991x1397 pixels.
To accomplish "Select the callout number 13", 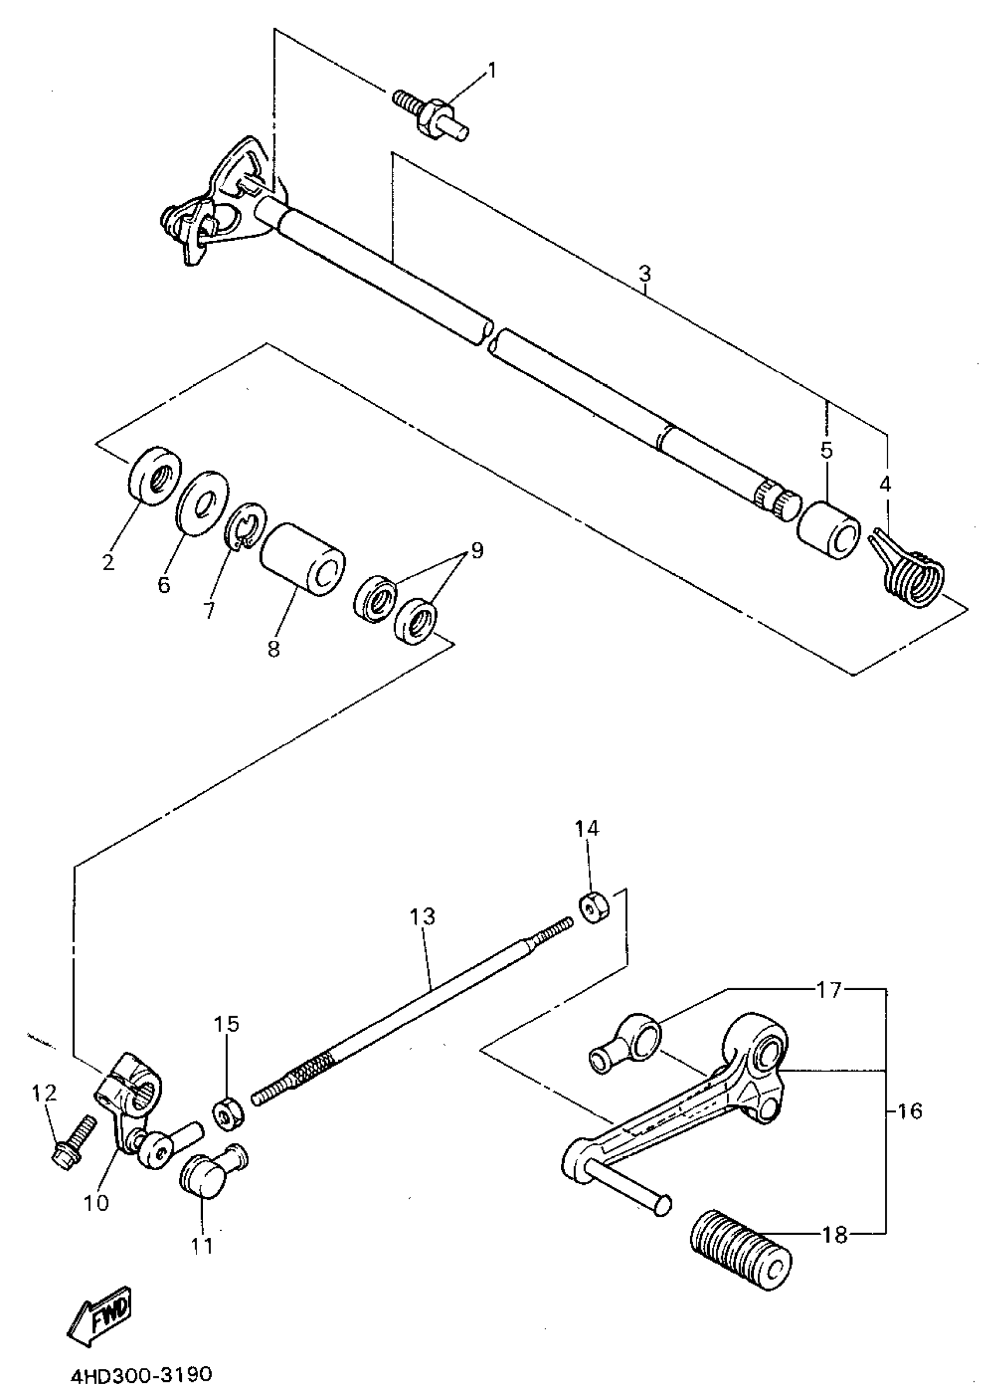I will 422,917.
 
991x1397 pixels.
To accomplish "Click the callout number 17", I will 830,990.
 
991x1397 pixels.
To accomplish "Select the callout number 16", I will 910,1111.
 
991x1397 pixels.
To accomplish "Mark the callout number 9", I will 477,550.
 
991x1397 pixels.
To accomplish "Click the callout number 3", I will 644,273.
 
